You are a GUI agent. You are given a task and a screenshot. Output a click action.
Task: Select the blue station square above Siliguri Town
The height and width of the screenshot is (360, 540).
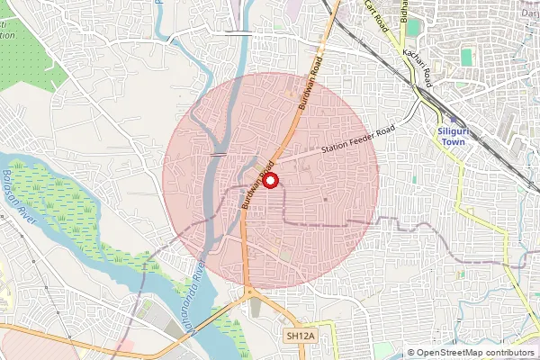coord(453,119)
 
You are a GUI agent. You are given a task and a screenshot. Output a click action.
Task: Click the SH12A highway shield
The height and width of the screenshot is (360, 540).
coord(300,336)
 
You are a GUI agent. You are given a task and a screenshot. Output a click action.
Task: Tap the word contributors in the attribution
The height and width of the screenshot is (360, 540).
coord(512,353)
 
